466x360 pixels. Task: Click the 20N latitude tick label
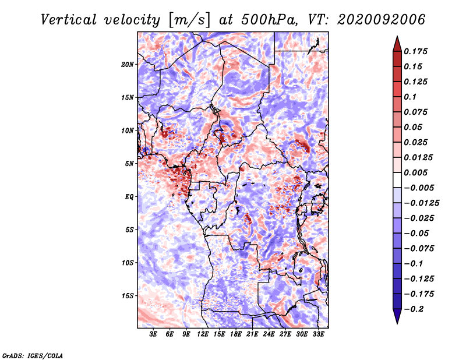tap(128, 65)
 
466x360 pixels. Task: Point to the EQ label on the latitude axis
tap(129, 197)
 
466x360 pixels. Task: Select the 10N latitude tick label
tap(128, 131)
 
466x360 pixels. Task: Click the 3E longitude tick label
tap(153, 334)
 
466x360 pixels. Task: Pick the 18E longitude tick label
tap(236, 334)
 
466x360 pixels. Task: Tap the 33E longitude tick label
tap(318, 334)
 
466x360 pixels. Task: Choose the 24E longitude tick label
tap(269, 334)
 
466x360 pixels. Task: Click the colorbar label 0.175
tap(415, 51)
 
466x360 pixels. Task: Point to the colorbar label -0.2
tap(414, 309)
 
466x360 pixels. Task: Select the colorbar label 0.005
tap(415, 172)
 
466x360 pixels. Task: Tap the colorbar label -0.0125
tap(421, 203)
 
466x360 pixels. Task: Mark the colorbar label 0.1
tap(410, 97)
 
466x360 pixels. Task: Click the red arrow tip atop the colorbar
tap(397, 36)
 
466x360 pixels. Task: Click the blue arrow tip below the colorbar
tap(397, 323)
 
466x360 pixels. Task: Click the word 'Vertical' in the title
tap(69, 20)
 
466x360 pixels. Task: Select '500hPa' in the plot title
tap(269, 20)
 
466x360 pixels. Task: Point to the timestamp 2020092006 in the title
tap(382, 20)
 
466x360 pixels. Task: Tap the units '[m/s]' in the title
tap(189, 20)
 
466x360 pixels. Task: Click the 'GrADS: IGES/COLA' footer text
tap(33, 356)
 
